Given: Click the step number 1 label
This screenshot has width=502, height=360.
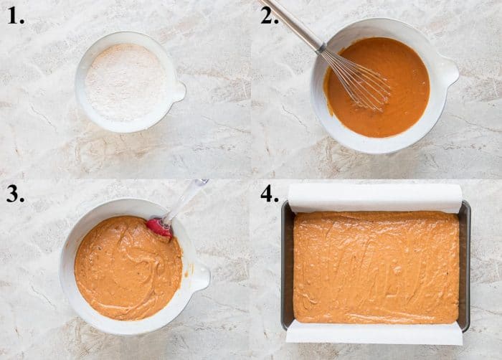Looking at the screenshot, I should (16, 16).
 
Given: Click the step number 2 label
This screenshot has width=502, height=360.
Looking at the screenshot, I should (269, 16).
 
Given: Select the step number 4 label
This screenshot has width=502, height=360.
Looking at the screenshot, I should (269, 194).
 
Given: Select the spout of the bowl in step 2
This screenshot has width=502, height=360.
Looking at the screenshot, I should (448, 72).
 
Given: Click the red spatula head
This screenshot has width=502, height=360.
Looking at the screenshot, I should (159, 227).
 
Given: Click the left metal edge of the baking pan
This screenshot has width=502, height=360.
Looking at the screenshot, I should (286, 265).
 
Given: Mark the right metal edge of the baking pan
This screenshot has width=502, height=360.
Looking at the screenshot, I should (465, 265).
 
